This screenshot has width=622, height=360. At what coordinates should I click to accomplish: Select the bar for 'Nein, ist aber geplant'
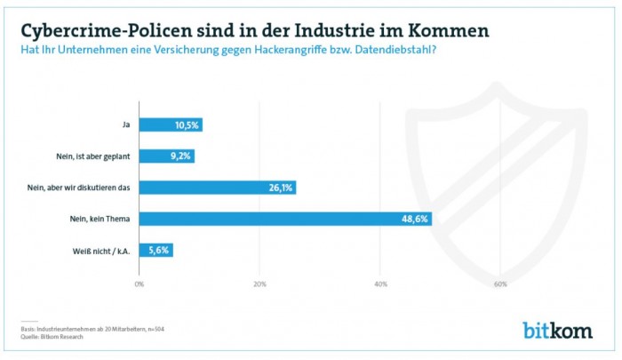[x=166, y=156]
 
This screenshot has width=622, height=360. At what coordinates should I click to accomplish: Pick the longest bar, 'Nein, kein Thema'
[x=285, y=219]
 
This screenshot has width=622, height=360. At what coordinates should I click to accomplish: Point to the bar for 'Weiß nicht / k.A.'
[x=155, y=250]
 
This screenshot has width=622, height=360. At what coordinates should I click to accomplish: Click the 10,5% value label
[x=187, y=124]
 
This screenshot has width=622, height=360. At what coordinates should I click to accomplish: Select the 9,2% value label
[x=181, y=156]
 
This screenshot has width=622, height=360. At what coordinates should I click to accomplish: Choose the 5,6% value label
[x=160, y=250]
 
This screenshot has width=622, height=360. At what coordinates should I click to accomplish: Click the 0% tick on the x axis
[x=140, y=284]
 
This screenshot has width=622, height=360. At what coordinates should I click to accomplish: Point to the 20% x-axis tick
[x=260, y=284]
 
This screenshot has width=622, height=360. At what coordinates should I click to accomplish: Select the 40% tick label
[x=380, y=284]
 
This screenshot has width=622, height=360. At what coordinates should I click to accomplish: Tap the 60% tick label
[x=500, y=284]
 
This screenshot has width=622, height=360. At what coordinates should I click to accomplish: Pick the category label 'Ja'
[x=126, y=124]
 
